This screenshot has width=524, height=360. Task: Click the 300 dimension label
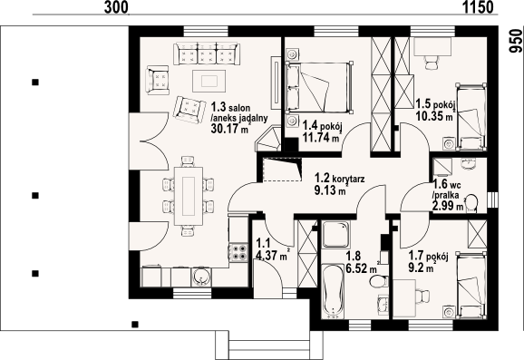[116, 7]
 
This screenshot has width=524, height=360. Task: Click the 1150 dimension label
[478, 7]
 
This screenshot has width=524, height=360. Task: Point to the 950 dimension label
[515, 41]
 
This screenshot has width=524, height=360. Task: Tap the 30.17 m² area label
[231, 129]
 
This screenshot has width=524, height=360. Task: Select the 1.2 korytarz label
[340, 178]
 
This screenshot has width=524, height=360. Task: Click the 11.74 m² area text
[322, 137]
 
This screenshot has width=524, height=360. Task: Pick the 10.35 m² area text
[435, 116]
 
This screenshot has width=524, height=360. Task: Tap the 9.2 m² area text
[422, 268]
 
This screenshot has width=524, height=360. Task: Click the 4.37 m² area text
[272, 255]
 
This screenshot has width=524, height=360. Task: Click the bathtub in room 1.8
[334, 291]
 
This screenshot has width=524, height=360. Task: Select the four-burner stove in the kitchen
[239, 252]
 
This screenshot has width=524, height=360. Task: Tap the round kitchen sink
[201, 277]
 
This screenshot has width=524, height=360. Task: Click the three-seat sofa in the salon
[206, 54]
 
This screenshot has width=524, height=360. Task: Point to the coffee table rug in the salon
[209, 81]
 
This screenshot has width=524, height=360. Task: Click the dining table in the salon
[189, 196]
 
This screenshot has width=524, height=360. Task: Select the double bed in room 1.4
[319, 87]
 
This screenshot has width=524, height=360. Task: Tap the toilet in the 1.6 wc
[471, 203]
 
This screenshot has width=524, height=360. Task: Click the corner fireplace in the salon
[269, 139]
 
